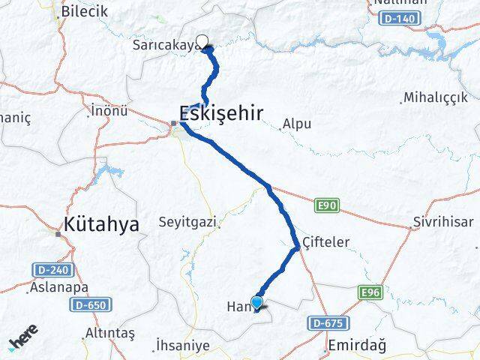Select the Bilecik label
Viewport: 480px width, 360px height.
pyautogui.click(x=85, y=11)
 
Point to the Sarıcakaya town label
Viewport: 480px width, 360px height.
pyautogui.click(x=163, y=46)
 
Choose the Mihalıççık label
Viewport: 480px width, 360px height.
pyautogui.click(x=434, y=97)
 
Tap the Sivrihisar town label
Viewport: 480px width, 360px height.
pyautogui.click(x=442, y=222)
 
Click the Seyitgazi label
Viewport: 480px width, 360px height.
pyautogui.click(x=187, y=222)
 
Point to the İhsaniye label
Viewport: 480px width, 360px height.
pyautogui.click(x=178, y=345)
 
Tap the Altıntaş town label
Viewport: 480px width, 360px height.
pyautogui.click(x=109, y=332)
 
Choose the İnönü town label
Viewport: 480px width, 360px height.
pyautogui.click(x=109, y=111)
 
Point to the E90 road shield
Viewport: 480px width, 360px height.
pyautogui.click(x=323, y=205)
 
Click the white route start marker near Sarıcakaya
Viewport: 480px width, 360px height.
pyautogui.click(x=201, y=42)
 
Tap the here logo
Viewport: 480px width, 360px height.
pyautogui.click(x=25, y=342)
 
